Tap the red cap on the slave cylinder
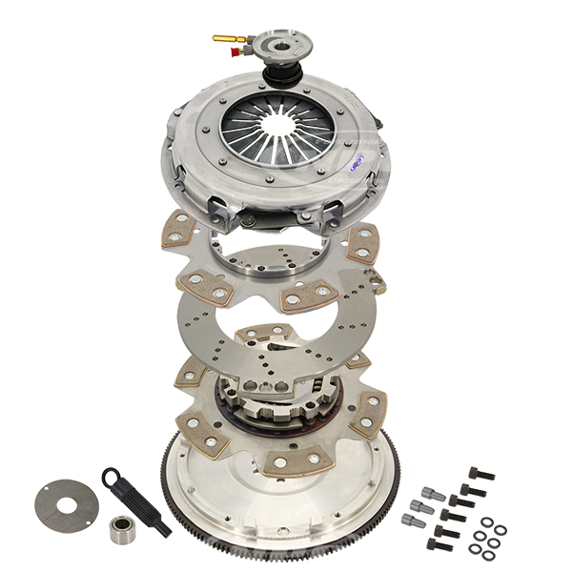click(232, 54)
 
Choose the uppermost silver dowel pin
click(426, 493)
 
